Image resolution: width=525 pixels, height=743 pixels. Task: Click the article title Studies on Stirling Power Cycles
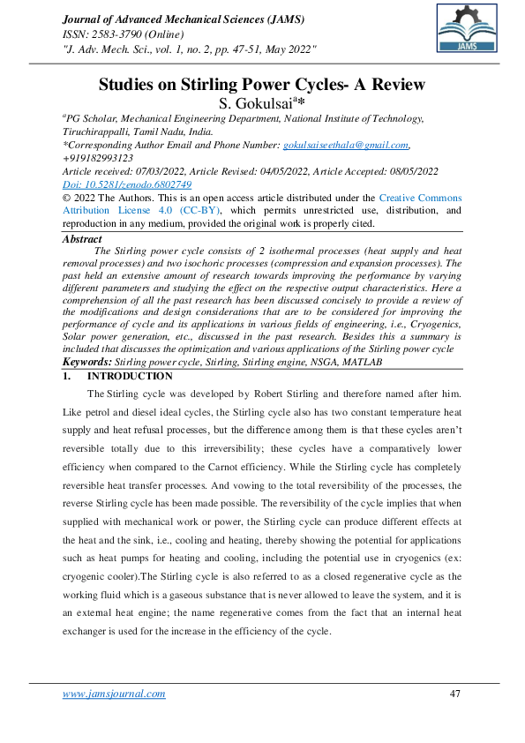[x=261, y=86]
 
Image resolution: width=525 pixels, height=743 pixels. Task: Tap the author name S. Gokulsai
[x=259, y=104]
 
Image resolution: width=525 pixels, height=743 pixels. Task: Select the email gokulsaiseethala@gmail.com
[x=345, y=145]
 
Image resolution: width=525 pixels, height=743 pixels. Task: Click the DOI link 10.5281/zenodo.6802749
[x=127, y=184]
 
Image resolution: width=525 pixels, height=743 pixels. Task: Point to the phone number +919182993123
[x=97, y=157]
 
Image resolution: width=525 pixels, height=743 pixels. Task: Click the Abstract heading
[x=83, y=239]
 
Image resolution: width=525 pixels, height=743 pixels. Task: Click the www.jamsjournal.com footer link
[x=114, y=694]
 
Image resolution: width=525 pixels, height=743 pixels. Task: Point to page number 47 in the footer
[x=455, y=694]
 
